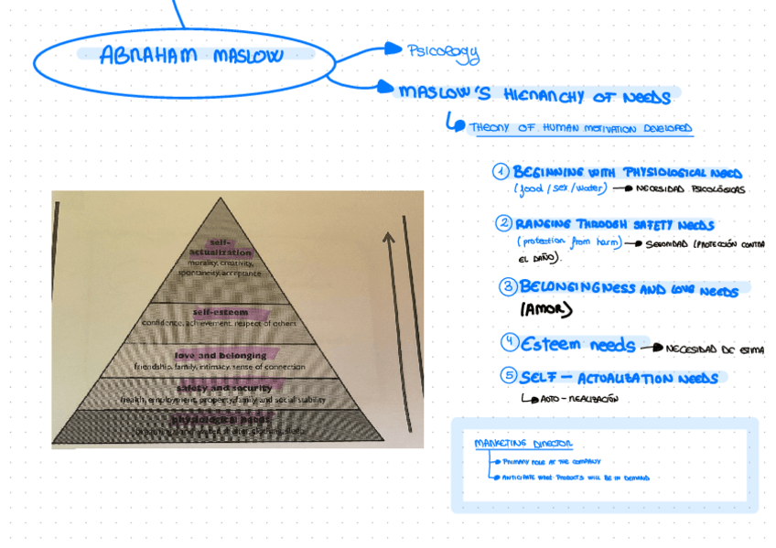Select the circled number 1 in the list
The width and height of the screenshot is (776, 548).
501,172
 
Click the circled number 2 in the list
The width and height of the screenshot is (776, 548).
504,223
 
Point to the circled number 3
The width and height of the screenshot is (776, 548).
508,287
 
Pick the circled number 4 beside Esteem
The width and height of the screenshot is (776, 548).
510,343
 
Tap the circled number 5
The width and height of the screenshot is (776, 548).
509,375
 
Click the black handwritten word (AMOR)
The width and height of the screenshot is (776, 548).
545,310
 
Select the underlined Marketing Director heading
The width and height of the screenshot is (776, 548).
523,444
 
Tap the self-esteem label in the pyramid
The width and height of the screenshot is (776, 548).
221,312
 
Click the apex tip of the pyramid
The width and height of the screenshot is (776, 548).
221,199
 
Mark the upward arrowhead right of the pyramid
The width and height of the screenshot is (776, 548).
389,238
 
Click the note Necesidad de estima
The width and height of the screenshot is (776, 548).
713,349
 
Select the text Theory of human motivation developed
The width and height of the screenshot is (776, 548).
580,129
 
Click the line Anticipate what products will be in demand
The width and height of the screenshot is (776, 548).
576,478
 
